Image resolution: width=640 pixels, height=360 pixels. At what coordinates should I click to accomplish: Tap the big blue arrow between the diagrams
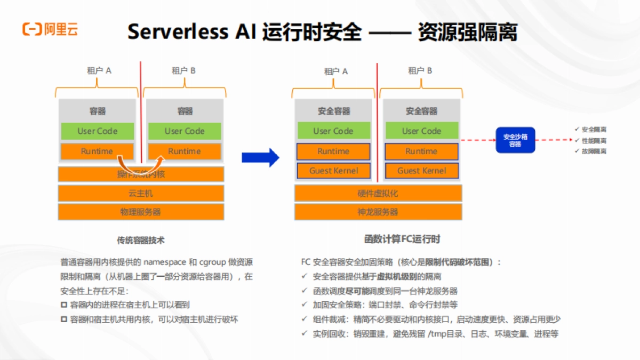(x=260, y=157)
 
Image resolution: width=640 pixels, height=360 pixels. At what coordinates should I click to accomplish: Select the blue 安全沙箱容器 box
(x=515, y=140)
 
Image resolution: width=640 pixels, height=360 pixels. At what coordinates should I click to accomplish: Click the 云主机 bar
(x=141, y=193)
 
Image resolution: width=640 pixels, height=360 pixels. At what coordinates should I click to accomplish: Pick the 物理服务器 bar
(x=141, y=212)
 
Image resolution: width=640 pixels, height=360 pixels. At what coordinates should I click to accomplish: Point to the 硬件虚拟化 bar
(x=378, y=193)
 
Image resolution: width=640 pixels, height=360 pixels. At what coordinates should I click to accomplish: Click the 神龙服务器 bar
(x=378, y=212)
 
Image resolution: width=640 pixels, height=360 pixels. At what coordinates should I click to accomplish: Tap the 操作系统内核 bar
(x=141, y=174)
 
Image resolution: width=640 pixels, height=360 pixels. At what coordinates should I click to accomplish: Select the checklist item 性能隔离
(x=593, y=141)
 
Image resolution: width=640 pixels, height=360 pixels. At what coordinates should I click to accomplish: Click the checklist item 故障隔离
(x=593, y=151)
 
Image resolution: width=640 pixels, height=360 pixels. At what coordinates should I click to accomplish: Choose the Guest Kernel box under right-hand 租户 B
(x=421, y=171)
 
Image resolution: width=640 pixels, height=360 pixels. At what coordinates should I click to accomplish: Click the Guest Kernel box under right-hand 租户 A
(x=333, y=171)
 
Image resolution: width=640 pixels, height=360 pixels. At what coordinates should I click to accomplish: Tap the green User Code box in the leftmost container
(x=97, y=131)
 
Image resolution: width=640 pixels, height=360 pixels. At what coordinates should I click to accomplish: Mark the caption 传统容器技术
(x=141, y=241)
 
